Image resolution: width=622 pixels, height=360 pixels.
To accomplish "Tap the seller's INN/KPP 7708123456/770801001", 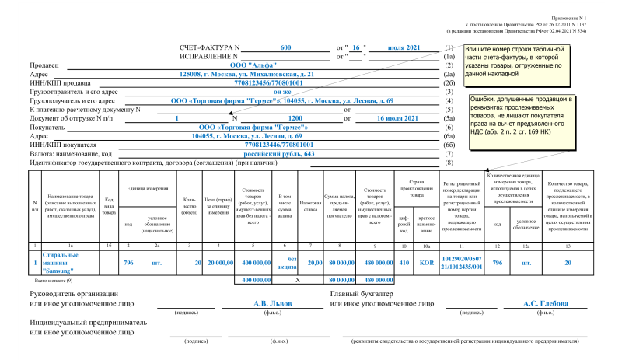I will pos(257,82).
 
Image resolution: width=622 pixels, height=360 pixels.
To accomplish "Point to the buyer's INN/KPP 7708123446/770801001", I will pos(257,145).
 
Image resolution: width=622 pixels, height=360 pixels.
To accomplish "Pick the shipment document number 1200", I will pos(295,118).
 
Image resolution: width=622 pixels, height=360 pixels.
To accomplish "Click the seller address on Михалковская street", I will pos(246,74).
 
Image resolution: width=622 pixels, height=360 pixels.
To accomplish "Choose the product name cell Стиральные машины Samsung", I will pos(65,263).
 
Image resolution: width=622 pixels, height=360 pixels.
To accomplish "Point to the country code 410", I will pos(404,263).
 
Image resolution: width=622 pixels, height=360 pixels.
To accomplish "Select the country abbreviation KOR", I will pos(426,263).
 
